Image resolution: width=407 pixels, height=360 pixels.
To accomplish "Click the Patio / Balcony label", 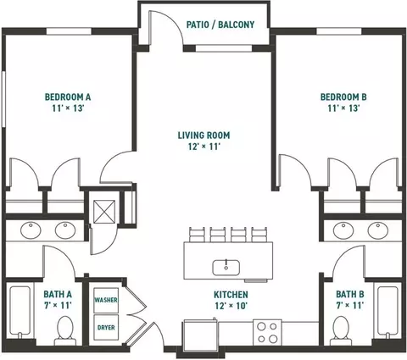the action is click(x=220, y=25).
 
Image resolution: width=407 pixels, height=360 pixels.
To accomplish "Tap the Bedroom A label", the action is click(x=68, y=97).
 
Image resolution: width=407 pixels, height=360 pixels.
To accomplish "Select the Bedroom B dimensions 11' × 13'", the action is click(x=343, y=108).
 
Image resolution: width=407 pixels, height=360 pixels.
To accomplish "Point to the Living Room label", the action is click(x=203, y=136).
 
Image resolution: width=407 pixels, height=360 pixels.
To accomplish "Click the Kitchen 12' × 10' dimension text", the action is click(x=231, y=306).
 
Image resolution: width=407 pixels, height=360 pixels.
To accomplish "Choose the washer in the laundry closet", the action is click(x=106, y=300).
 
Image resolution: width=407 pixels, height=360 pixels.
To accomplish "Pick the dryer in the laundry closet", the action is click(x=106, y=328).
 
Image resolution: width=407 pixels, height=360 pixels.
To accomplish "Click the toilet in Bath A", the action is click(x=65, y=330).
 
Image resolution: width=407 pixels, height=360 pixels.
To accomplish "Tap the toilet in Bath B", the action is click(x=341, y=330).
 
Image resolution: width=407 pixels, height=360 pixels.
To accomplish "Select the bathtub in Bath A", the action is click(x=20, y=312).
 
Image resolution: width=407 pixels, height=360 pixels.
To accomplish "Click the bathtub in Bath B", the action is click(x=387, y=312).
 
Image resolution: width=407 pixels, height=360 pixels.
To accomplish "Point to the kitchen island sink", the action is click(x=226, y=268).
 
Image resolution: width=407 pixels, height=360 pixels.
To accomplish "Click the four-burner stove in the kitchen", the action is click(x=267, y=332).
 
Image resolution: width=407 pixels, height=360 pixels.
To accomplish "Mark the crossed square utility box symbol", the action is click(x=104, y=212).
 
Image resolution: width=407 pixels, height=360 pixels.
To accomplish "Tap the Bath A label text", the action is click(x=58, y=294).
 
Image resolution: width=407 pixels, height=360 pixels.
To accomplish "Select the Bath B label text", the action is click(x=350, y=294).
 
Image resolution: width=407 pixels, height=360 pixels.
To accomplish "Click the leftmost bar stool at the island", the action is click(x=197, y=235).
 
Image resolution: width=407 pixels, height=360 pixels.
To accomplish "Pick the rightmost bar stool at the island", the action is click(x=259, y=235).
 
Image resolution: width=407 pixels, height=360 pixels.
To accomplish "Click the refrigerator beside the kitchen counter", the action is click(x=201, y=335).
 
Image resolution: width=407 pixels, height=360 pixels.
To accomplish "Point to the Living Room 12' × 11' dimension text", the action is click(x=204, y=147).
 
